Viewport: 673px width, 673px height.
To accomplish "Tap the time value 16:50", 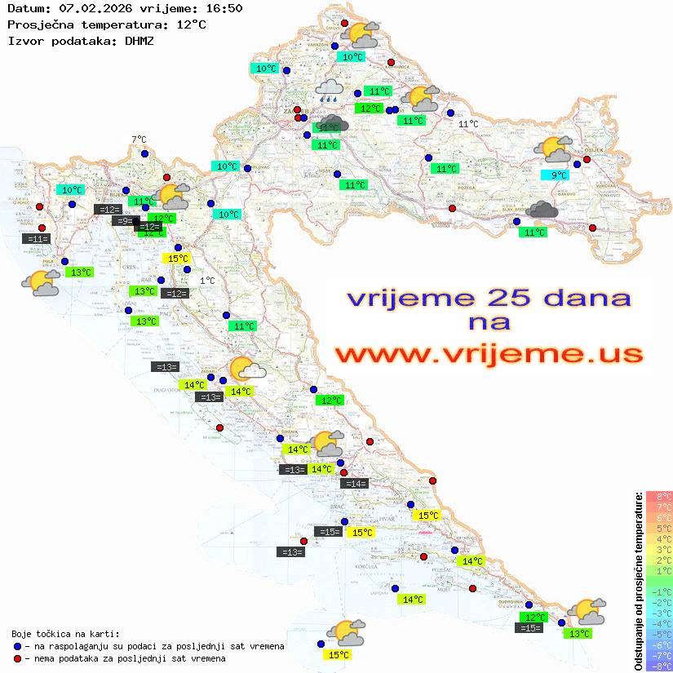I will coord(224,9).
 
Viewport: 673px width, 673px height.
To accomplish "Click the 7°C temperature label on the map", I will coord(139,140).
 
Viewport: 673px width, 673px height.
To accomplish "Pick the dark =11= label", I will coord(38,239).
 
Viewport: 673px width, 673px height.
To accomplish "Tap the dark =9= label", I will coord(125,221).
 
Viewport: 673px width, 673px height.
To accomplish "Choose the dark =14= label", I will coord(355,484).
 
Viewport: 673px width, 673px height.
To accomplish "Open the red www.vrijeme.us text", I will coord(489,355).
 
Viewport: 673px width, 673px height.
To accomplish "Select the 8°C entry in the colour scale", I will coord(658,496).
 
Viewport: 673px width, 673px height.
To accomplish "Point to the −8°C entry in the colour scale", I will coord(658,666).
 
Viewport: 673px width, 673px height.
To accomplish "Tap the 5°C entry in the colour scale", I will coord(658,528).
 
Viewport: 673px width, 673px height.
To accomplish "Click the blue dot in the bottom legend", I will coord(17,646).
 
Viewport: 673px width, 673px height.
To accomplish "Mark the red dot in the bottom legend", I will coord(17,658).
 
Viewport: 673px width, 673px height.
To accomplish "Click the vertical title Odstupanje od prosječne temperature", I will coord(638,580).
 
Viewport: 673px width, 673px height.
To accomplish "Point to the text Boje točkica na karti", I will coord(65,634).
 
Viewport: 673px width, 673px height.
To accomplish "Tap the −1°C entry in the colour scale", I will coord(658,591).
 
